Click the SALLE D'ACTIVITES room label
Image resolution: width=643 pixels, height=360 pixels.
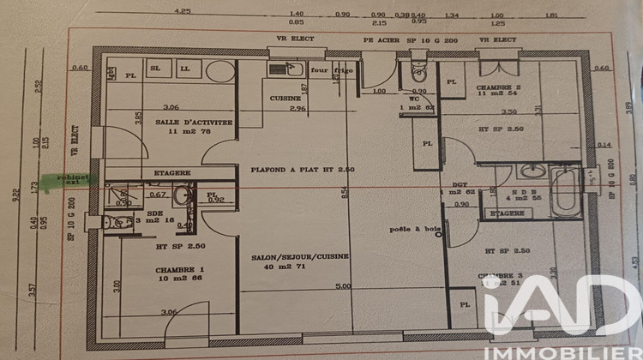[194, 123]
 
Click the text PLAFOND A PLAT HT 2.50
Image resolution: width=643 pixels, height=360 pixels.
[293, 170]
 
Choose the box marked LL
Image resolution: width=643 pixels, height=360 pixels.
[183, 68]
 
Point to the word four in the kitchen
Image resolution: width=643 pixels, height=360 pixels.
[319, 71]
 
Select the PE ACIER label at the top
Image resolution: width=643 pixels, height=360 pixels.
[378, 39]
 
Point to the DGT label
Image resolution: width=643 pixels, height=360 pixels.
[448, 184]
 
